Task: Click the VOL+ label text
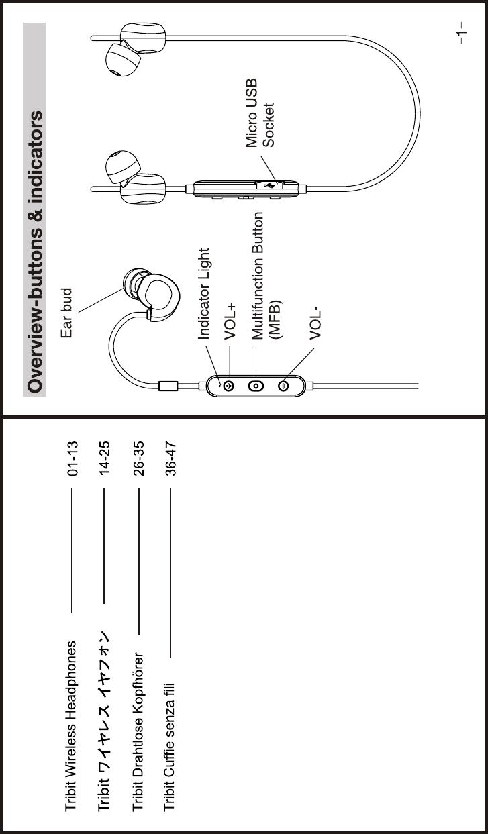232,319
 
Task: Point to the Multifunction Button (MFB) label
266,276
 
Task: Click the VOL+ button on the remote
229,386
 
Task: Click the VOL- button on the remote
283,386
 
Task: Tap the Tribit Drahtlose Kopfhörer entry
139,731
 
